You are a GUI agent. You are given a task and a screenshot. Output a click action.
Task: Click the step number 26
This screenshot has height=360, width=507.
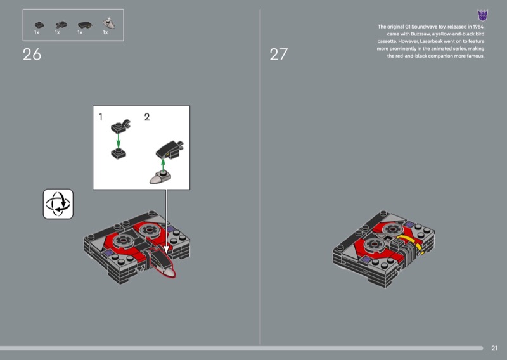(x=32, y=55)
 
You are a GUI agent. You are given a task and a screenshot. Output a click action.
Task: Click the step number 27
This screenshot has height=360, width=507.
(x=278, y=55)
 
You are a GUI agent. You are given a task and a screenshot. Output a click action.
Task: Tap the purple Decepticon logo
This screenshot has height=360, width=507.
(x=482, y=15)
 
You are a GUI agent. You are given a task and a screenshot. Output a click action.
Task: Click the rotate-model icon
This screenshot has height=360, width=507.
(x=58, y=204)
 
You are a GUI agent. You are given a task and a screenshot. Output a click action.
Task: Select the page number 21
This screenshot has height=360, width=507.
(x=494, y=348)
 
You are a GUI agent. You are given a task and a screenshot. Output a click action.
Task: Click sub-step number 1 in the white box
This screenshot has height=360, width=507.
(x=101, y=117)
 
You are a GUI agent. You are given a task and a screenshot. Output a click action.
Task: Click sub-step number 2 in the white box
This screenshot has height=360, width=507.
(x=147, y=117)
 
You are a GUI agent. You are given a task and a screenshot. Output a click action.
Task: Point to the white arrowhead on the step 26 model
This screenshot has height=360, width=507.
(x=166, y=249)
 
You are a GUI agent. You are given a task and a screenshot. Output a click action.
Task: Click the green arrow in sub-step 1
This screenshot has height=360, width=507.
(x=119, y=141)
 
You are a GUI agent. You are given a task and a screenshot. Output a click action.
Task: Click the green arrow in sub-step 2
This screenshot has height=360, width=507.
(x=163, y=165)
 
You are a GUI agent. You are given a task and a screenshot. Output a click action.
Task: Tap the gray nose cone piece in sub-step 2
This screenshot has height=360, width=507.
(x=160, y=177)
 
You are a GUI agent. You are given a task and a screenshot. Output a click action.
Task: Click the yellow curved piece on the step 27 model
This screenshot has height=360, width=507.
(x=411, y=243)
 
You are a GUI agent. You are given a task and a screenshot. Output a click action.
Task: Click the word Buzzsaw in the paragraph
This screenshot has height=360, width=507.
(x=420, y=34)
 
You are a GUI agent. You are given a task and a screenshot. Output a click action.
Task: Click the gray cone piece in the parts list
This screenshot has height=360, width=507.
(x=108, y=23)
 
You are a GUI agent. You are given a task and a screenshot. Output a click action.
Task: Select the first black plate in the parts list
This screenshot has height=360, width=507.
(x=39, y=25)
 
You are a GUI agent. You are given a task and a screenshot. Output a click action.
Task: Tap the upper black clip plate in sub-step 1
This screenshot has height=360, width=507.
(x=120, y=126)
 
